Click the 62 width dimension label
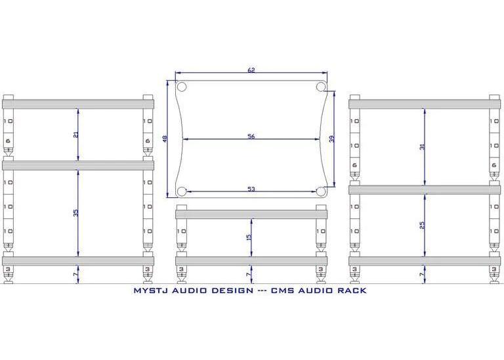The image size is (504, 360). point(251,70)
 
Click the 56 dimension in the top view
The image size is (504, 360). point(251,136)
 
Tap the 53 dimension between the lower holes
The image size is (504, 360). point(251,189)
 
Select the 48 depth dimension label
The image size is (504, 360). point(165,139)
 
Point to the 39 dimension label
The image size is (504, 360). point(332,139)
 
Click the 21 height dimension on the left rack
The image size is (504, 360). point(76,135)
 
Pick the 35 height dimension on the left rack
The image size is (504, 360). point(76,212)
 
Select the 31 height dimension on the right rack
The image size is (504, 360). point(423,146)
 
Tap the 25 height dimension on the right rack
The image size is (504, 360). point(423,224)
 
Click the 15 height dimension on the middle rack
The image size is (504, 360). point(249,237)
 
